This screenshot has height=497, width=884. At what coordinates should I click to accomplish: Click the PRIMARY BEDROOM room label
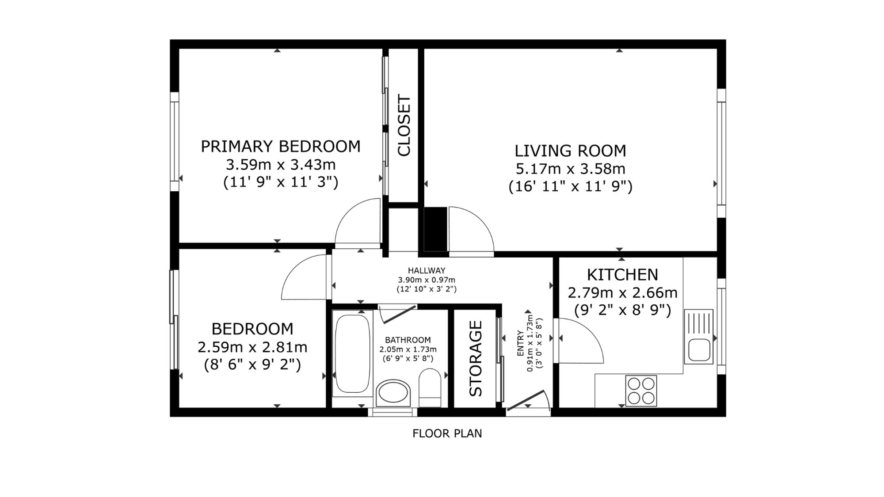pyautogui.click(x=281, y=146)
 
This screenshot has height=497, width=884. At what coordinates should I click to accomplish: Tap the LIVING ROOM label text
pyautogui.click(x=570, y=151)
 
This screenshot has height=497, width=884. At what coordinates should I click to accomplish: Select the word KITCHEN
pyautogui.click(x=622, y=275)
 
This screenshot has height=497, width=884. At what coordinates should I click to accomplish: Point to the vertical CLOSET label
pyautogui.click(x=404, y=125)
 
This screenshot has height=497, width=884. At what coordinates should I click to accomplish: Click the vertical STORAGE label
pyautogui.click(x=476, y=358)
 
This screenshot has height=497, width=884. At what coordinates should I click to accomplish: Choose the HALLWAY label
pyautogui.click(x=427, y=270)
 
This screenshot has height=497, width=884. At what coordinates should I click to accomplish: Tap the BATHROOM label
pyautogui.click(x=408, y=340)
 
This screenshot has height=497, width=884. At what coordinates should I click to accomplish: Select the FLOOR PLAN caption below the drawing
pyautogui.click(x=447, y=433)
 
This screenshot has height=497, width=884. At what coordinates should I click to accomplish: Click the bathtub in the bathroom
pyautogui.click(x=352, y=353)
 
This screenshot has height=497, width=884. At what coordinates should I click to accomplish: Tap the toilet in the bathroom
pyautogui.click(x=430, y=388)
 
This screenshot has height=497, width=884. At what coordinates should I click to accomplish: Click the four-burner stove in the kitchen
pyautogui.click(x=641, y=391)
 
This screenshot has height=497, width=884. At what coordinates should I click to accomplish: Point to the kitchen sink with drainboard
pyautogui.click(x=698, y=337)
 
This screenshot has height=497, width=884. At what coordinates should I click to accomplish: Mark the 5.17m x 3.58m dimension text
pyautogui.click(x=570, y=169)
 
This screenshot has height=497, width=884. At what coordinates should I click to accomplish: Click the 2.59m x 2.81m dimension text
pyautogui.click(x=252, y=347)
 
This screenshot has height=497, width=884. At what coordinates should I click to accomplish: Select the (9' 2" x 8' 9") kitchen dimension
pyautogui.click(x=622, y=311)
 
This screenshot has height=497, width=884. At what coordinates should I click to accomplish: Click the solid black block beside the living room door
pyautogui.click(x=435, y=229)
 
